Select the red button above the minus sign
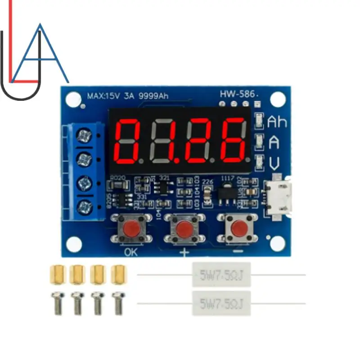[238, 229]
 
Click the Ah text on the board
[277, 121]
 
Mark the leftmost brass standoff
[58, 273]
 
